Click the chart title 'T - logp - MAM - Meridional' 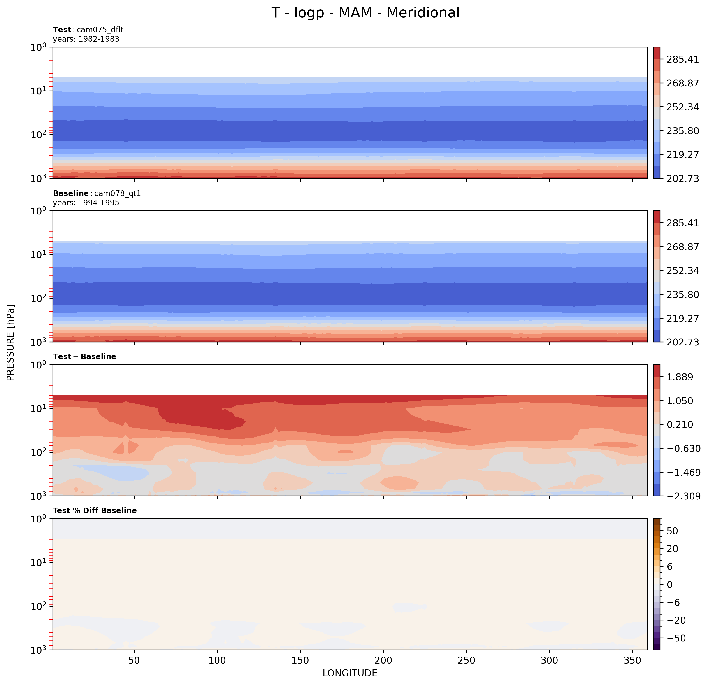tap(365, 13)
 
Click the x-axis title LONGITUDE tap(350, 673)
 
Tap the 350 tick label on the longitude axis tap(632, 660)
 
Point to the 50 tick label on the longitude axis tap(134, 660)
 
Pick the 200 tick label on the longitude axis tap(383, 660)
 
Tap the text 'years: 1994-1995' tap(86, 203)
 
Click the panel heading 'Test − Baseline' tap(85, 356)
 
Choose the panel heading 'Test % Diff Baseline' tap(95, 510)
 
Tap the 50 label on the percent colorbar tap(672, 531)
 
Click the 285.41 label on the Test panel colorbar tap(682, 59)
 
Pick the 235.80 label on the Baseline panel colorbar tap(682, 294)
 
